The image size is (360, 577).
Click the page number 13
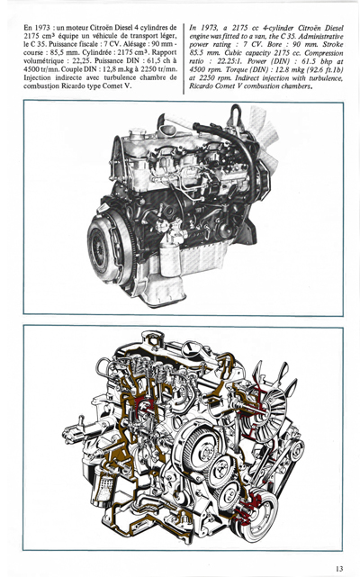(338, 567)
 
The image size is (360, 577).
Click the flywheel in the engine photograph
(106, 244)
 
